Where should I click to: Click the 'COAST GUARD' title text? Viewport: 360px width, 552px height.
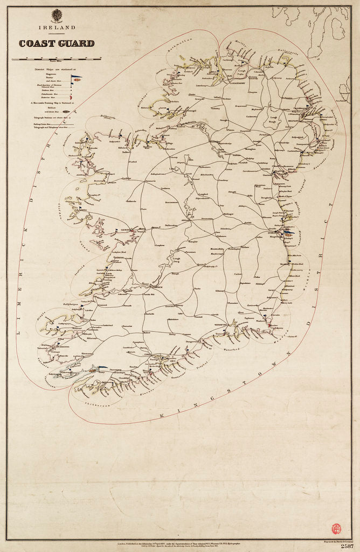(x=57, y=44)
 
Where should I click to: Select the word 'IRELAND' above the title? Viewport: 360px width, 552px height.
(x=57, y=27)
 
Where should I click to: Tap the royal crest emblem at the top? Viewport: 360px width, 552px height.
(x=57, y=16)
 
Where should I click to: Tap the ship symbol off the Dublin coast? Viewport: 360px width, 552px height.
(x=289, y=233)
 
